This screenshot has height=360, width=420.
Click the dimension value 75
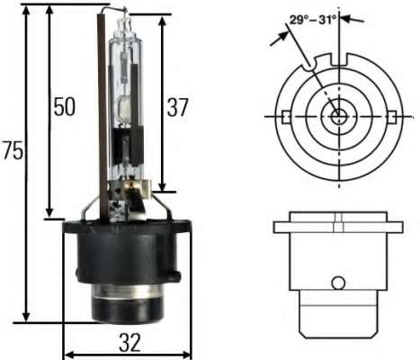tap(12, 150)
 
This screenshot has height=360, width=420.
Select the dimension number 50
tap(63, 107)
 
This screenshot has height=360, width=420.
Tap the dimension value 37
tap(177, 107)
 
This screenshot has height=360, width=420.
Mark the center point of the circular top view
tap(337, 117)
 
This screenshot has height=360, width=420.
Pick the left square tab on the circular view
tap(284, 117)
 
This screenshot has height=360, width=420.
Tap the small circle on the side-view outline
tap(337, 283)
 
